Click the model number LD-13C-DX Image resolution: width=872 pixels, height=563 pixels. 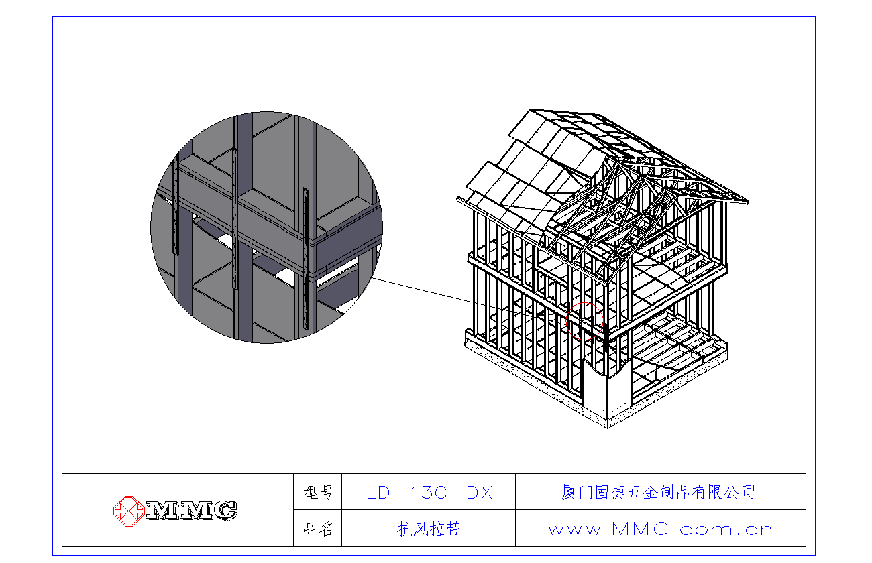[x=429, y=493]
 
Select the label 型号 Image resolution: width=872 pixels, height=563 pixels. [x=319, y=493]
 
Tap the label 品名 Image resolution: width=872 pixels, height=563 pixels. [x=318, y=529]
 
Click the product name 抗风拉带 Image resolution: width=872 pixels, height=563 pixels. [x=429, y=529]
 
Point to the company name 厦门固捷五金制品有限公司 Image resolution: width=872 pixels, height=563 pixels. [x=658, y=492]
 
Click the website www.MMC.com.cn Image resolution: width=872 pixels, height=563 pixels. [x=660, y=529]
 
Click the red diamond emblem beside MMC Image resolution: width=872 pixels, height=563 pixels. [x=129, y=511]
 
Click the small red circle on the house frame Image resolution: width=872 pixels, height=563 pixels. [x=584, y=322]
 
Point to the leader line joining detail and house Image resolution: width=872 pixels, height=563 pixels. [x=469, y=300]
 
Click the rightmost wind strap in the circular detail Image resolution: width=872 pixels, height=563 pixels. [x=306, y=259]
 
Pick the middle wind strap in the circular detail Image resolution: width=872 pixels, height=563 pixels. [x=235, y=218]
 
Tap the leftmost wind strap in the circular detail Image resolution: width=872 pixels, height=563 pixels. [x=175, y=205]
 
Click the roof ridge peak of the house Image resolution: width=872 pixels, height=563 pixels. [x=531, y=110]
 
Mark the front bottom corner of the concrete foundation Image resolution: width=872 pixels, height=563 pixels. [x=608, y=428]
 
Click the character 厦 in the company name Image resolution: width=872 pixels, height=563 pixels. [x=569, y=492]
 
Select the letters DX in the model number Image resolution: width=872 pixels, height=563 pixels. [x=479, y=493]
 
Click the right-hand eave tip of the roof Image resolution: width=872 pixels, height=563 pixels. [x=747, y=202]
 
